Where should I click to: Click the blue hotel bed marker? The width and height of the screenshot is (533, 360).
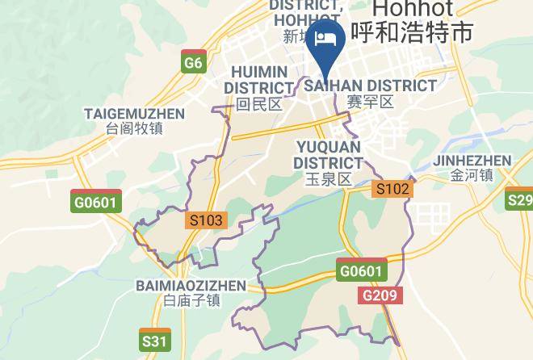click(x=326, y=38)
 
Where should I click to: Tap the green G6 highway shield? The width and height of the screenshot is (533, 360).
click(x=192, y=63)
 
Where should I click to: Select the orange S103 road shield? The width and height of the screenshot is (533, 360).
click(x=206, y=220)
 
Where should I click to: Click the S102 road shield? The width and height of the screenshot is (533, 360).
click(x=393, y=189)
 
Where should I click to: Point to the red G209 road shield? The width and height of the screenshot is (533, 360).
click(x=379, y=295)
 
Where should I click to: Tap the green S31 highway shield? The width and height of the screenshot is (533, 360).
click(x=154, y=341)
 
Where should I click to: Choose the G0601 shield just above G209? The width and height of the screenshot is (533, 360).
click(x=361, y=271)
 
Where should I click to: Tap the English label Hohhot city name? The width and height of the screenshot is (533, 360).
click(x=420, y=10)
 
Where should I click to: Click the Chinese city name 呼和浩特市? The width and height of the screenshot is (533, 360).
click(x=421, y=33)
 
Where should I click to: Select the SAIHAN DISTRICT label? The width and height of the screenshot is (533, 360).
click(x=370, y=86)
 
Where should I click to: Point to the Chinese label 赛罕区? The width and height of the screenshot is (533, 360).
click(x=370, y=103)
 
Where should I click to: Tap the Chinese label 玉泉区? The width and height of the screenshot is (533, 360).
click(x=328, y=179)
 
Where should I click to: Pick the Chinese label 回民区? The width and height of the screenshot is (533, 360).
click(x=258, y=104)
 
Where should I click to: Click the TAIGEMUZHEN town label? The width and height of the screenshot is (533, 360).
click(x=134, y=114)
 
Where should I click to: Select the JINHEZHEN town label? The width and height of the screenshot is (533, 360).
click(x=472, y=160)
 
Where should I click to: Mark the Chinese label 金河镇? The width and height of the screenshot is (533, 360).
click(x=472, y=176)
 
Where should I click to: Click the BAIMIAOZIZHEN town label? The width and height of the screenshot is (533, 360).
click(x=191, y=286)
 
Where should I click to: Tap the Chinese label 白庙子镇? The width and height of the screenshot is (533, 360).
click(x=191, y=301)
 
